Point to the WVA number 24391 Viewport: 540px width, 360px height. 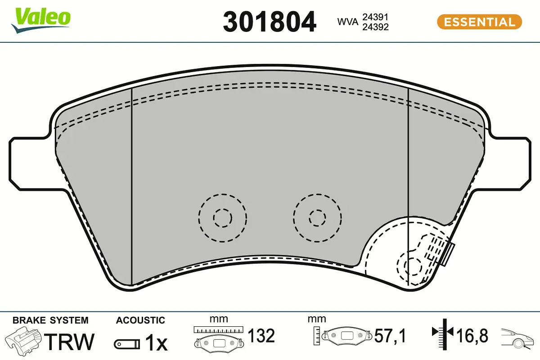375,17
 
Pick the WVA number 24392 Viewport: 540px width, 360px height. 375,27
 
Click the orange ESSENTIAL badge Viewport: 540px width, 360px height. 479,22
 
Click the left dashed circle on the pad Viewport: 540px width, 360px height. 223,218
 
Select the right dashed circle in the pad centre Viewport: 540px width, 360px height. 317,218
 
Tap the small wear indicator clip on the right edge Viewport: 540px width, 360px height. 449,253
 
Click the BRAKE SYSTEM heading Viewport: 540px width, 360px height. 50,320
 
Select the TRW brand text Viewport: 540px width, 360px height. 71,342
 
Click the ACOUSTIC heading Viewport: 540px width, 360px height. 140,320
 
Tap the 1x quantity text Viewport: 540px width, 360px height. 156,343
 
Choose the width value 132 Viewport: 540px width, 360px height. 261,336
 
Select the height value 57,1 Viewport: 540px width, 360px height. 390,336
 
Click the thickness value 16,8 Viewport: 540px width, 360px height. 472,336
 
